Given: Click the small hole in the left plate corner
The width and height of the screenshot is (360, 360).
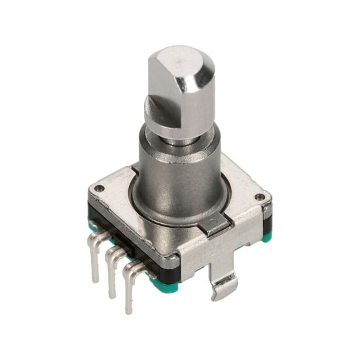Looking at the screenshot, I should [x=99, y=189].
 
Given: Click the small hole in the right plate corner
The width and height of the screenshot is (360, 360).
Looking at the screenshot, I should [x=260, y=196].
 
